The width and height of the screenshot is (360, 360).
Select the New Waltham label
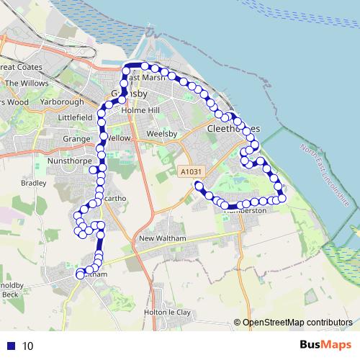click(x=163, y=238)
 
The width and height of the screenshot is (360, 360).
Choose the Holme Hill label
click(x=139, y=110)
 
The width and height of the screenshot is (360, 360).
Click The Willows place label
click(x=27, y=84)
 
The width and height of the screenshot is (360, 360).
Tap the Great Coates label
click(x=22, y=67)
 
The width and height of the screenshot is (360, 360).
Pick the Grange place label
click(x=76, y=138)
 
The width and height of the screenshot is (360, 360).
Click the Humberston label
click(x=246, y=211)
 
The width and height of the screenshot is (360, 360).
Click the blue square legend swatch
click(x=11, y=346)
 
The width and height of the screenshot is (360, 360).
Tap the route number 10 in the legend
click(x=27, y=346)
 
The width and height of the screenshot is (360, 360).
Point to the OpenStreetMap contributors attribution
click(x=297, y=323)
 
